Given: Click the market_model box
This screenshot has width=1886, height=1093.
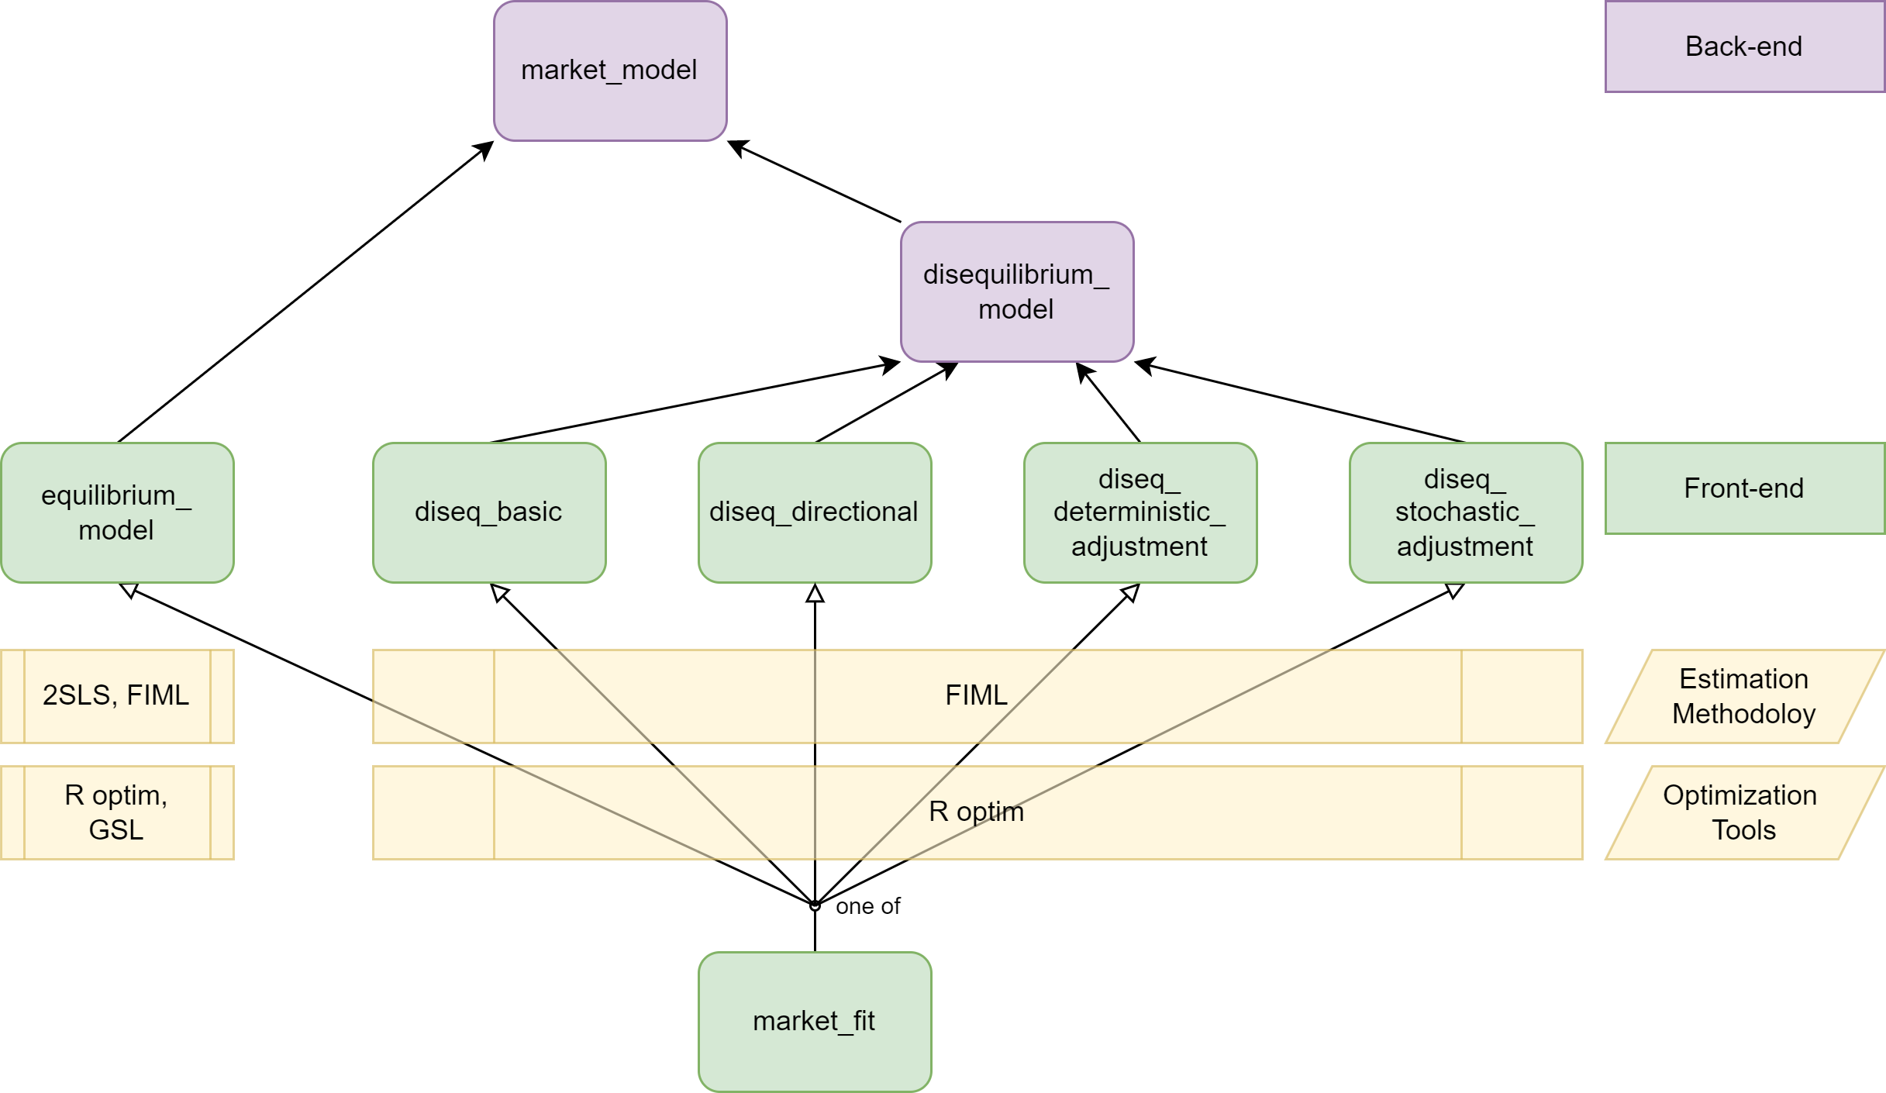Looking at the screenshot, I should pyautogui.click(x=610, y=71).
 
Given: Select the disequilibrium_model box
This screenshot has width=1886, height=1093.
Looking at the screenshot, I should pyautogui.click(x=1016, y=291).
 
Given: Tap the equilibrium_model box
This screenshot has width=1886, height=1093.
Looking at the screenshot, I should pyautogui.click(x=117, y=512).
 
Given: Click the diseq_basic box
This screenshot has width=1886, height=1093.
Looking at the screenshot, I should pyautogui.click(x=488, y=512).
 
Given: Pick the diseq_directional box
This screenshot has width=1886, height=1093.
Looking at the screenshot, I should pyautogui.click(x=814, y=512).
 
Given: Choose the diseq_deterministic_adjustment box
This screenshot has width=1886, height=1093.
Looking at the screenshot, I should pyautogui.click(x=1140, y=512).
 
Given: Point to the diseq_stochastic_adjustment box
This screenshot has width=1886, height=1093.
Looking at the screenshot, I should pyautogui.click(x=1465, y=512).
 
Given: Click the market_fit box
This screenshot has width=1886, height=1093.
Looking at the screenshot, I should pyautogui.click(x=814, y=1021).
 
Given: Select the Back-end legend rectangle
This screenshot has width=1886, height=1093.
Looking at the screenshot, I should pyautogui.click(x=1744, y=47).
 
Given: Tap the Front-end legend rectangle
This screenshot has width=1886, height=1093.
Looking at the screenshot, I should pyautogui.click(x=1744, y=488).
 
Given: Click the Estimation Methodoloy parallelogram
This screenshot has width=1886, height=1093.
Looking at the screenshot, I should pyautogui.click(x=1744, y=696).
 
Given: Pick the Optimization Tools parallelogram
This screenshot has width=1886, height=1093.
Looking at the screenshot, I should pyautogui.click(x=1744, y=812).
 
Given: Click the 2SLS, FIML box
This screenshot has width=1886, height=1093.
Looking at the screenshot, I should pyautogui.click(x=116, y=696).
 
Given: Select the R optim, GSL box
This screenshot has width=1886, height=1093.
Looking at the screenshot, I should pyautogui.click(x=116, y=812).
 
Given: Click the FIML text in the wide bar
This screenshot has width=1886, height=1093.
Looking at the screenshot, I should pyautogui.click(x=976, y=695).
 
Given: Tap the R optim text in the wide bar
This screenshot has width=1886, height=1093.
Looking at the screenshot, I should pyautogui.click(x=976, y=812).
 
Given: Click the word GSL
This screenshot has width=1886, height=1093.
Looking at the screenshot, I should pyautogui.click(x=116, y=830).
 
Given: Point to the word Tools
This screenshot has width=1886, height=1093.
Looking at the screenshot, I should pyautogui.click(x=1744, y=830).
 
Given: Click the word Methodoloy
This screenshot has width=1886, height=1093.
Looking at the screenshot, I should pyautogui.click(x=1744, y=714).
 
